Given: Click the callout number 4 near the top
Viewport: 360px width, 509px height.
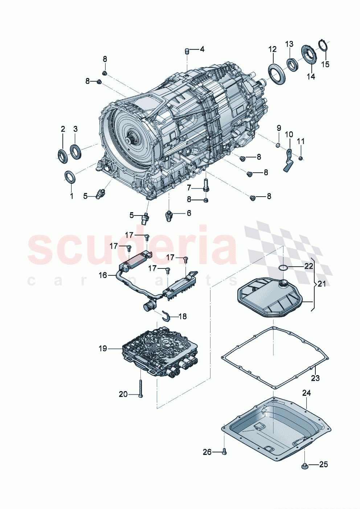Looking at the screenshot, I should tap(202, 49).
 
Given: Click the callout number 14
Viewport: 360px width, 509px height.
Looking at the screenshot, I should tap(311, 77).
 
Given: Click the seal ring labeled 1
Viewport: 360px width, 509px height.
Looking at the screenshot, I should tap(70, 177).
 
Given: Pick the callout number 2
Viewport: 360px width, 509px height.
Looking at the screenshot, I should tap(63, 129).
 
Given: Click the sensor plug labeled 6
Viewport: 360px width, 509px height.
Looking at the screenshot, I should tap(168, 215).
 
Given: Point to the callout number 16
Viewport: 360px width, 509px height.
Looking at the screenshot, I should tap(103, 275).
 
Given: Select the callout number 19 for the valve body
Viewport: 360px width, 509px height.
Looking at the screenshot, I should tap(103, 349).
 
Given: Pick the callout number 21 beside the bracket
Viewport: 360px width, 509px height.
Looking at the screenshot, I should tap(322, 284).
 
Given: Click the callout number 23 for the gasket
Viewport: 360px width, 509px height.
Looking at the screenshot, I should tap(315, 378).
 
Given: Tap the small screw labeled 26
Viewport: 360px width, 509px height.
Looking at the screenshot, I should tap(224, 452).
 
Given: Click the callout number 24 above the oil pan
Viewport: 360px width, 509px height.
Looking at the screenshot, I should tap(307, 393).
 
